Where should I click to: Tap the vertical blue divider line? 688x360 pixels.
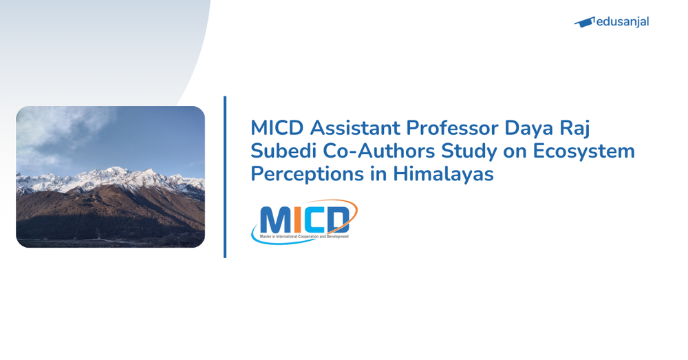(x=225, y=177)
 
